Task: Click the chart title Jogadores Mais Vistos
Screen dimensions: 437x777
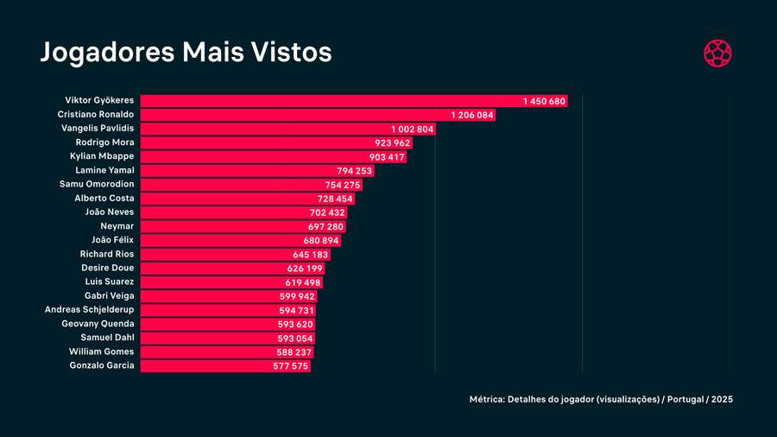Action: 186,52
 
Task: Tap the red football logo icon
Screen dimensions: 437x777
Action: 717,53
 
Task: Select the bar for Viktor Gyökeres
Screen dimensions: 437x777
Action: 328,101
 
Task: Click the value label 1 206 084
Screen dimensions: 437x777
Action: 472,115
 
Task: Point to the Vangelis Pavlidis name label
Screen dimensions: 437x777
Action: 98,129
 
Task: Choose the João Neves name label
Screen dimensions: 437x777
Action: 110,212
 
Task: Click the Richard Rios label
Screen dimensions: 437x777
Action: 106,254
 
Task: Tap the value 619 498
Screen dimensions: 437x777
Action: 303,282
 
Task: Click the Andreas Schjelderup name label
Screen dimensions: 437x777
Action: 90,310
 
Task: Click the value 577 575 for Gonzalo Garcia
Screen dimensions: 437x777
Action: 285,366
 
